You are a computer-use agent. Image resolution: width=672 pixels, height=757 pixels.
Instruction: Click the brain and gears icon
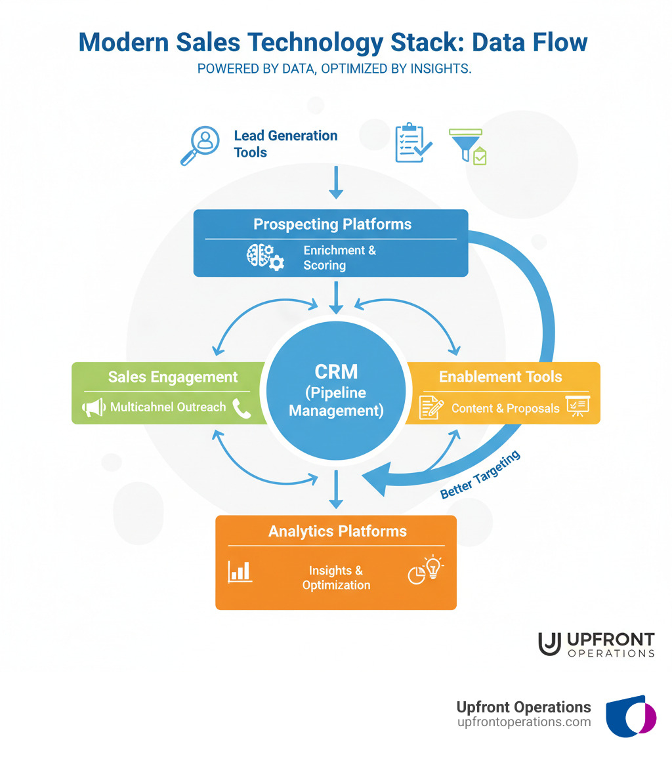coord(265,258)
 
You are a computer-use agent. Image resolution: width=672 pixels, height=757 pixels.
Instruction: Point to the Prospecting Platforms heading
coord(332,224)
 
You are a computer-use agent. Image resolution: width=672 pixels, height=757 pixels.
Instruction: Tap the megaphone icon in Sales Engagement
coord(93,407)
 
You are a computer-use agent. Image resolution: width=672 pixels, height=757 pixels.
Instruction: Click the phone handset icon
coord(241,407)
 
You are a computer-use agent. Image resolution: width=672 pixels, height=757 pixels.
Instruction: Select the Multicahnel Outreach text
coord(168,407)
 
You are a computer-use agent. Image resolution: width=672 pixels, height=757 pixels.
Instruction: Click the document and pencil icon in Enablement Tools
coord(431,408)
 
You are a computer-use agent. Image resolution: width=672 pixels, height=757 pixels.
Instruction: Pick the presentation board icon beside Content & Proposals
coord(577,407)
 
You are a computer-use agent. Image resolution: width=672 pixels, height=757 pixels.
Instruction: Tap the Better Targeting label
coord(480,474)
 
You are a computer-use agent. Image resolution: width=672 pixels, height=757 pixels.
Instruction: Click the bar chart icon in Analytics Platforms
coord(240,571)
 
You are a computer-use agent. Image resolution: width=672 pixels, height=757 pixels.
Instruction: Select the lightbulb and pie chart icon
coord(426,570)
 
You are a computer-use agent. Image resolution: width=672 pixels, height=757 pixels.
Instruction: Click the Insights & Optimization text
coord(336,578)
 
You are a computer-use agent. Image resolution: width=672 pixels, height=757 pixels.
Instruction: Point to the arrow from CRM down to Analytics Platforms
coord(336,489)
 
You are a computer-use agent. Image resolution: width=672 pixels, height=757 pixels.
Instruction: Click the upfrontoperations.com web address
coord(524,722)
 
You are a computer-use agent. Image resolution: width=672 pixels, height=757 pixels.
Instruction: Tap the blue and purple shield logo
coord(630,717)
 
